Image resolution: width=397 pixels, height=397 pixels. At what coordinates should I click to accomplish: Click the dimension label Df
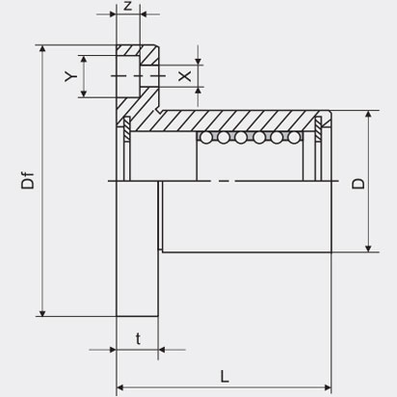click(x=28, y=181)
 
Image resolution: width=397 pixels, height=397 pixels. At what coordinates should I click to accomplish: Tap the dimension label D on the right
click(x=358, y=183)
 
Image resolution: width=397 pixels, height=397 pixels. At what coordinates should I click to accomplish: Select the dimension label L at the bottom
click(x=225, y=376)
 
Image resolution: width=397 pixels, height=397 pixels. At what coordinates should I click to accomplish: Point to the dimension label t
click(x=138, y=339)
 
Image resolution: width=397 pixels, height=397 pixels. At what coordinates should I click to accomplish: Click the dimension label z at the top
click(x=128, y=6)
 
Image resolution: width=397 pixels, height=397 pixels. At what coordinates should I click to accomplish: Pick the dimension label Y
click(x=71, y=76)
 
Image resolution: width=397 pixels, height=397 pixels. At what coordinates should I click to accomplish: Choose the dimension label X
click(x=185, y=76)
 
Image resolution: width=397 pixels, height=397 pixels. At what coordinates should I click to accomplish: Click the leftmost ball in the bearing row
click(x=206, y=138)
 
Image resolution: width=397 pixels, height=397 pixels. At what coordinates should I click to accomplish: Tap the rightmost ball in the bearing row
click(x=293, y=138)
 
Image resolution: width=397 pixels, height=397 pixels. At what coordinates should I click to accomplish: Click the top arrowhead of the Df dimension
click(x=42, y=48)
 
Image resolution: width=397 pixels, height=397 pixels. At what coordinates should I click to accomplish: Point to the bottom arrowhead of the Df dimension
click(x=42, y=313)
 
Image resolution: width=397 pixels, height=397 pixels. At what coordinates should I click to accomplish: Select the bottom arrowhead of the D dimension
click(x=369, y=249)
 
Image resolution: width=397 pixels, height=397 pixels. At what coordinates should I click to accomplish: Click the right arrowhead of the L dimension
click(x=328, y=387)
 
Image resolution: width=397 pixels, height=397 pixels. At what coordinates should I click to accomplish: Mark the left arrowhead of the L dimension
click(x=119, y=387)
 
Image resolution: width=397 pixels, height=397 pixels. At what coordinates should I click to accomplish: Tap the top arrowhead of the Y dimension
click(x=84, y=59)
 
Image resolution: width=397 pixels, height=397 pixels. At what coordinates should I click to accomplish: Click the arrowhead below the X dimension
click(x=198, y=91)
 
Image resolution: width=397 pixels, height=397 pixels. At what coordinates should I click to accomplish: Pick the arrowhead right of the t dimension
click(x=162, y=350)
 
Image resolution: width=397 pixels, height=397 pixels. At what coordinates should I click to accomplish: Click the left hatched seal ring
click(x=127, y=128)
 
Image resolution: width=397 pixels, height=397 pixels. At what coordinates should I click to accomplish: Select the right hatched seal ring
click(x=318, y=128)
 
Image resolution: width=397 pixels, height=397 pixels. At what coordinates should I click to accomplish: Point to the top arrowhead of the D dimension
click(x=369, y=115)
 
